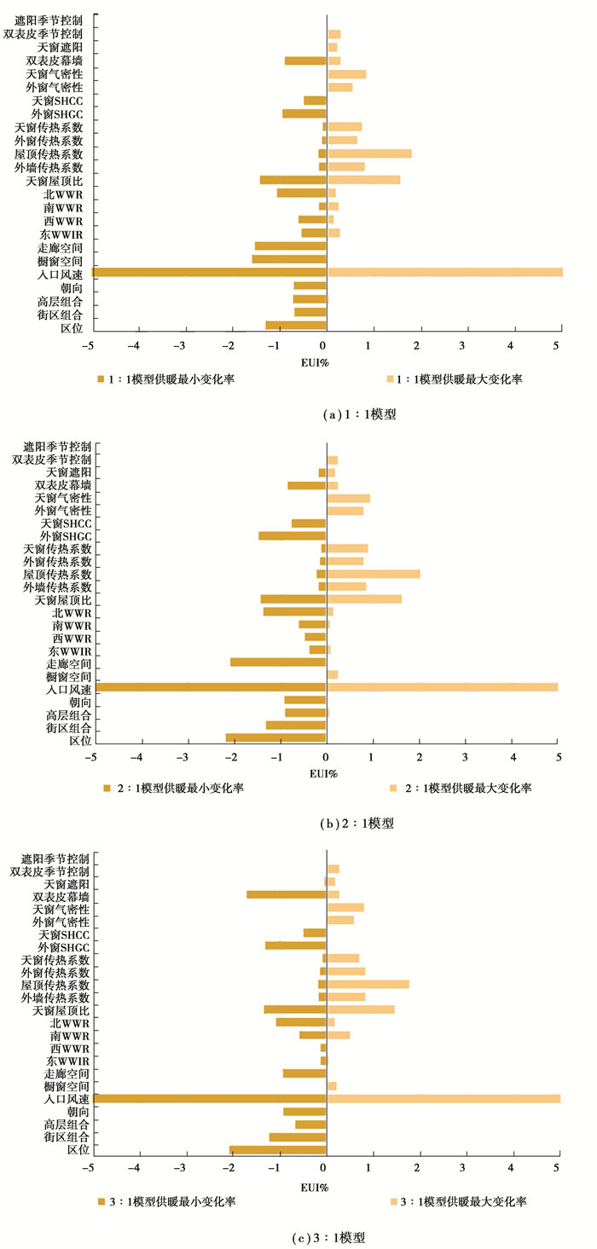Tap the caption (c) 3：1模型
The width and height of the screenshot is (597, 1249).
[353, 1235]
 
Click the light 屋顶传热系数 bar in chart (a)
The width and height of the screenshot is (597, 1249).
[369, 153]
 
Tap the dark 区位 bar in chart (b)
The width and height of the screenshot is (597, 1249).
[275, 737]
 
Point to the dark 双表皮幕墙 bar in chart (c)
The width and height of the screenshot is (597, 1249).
[287, 894]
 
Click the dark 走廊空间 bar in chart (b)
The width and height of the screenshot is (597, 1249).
[278, 662]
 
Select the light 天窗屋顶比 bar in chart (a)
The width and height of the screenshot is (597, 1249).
[363, 180]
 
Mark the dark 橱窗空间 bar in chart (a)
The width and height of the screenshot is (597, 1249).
[289, 259]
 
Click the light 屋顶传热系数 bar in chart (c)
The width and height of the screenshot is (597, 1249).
[368, 984]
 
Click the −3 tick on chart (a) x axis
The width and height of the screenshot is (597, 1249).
[180, 344]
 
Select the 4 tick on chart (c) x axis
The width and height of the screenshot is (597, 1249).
[512, 1167]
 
